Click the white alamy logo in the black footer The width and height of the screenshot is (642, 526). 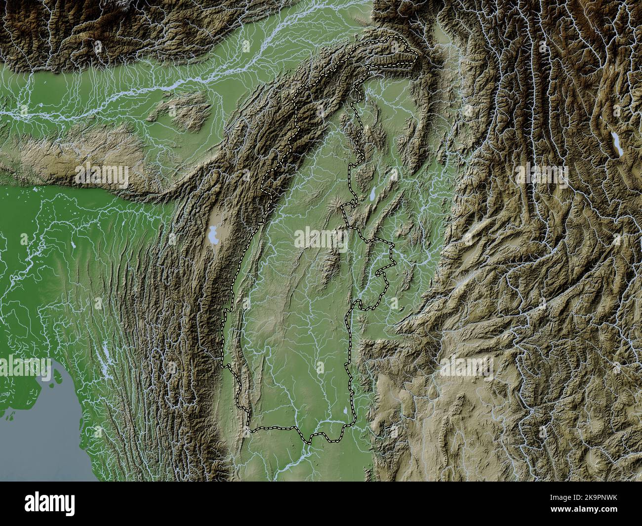(50, 504)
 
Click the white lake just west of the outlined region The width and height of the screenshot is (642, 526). (213, 235)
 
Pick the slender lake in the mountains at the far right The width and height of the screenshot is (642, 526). (616, 144)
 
